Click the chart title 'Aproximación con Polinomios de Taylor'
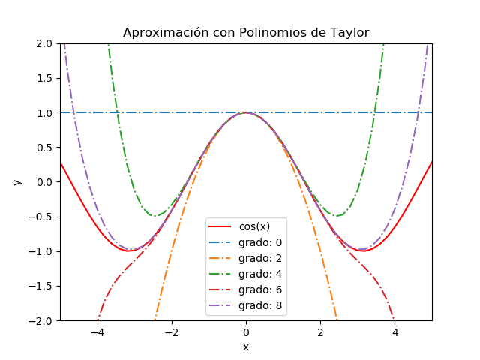pyautogui.click(x=246, y=31)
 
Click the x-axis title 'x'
pyautogui.click(x=246, y=346)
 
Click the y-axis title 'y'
pyautogui.click(x=18, y=182)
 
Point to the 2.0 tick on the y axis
pyautogui.click(x=46, y=43)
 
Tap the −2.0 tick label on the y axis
pyautogui.click(x=43, y=320)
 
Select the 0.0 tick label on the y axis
pyautogui.click(x=46, y=182)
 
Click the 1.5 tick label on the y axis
pyautogui.click(x=46, y=78)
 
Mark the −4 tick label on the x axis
pyautogui.click(x=97, y=331)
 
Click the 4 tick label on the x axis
pyautogui.click(x=395, y=331)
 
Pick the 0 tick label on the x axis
pyautogui.click(x=246, y=331)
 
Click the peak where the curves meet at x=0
pyautogui.click(x=246, y=112)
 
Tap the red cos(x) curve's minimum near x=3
pyautogui.click(x=363, y=250)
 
